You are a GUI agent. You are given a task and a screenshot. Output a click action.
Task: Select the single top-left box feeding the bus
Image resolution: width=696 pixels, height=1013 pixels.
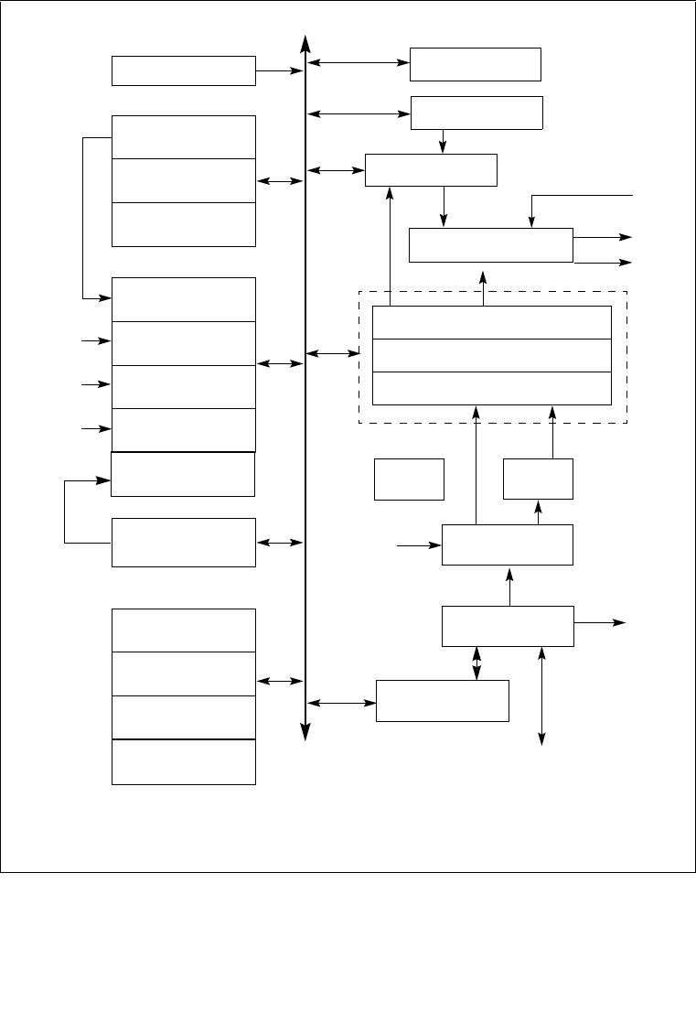pyautogui.click(x=183, y=70)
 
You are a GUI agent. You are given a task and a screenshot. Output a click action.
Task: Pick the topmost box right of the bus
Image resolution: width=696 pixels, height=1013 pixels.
pyautogui.click(x=476, y=64)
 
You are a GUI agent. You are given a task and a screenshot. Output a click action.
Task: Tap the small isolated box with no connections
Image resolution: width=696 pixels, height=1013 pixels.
pyautogui.click(x=409, y=479)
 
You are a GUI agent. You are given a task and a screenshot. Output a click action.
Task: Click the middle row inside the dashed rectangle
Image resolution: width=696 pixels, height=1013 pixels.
pyautogui.click(x=492, y=355)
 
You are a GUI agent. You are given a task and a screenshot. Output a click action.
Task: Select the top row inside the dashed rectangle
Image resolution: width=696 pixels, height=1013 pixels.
pyautogui.click(x=492, y=322)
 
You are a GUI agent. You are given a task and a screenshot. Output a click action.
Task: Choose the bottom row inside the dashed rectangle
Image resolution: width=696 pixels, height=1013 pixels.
pyautogui.click(x=492, y=388)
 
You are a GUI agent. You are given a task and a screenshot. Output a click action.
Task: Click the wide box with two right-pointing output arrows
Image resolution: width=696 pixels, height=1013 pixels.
pyautogui.click(x=490, y=244)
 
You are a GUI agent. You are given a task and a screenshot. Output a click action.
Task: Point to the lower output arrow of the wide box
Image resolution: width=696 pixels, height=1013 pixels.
pyautogui.click(x=603, y=262)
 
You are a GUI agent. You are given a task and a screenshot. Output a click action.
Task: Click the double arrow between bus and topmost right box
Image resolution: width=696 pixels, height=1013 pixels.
pyautogui.click(x=359, y=63)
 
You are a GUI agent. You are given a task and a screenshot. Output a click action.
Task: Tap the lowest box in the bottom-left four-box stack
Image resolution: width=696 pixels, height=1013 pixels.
pyautogui.click(x=183, y=761)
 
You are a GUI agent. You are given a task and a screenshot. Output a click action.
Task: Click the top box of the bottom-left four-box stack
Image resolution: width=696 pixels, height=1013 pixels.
pyautogui.click(x=183, y=630)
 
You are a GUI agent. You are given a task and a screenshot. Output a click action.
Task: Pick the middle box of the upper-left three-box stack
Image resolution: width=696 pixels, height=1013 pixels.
pyautogui.click(x=183, y=180)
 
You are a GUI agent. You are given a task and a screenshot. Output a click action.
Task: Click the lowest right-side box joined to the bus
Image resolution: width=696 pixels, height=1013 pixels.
pyautogui.click(x=443, y=700)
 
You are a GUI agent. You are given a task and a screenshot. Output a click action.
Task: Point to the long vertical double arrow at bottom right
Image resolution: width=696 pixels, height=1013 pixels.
pyautogui.click(x=542, y=695)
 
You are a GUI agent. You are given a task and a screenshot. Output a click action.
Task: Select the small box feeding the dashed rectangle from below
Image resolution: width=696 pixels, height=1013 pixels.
pyautogui.click(x=539, y=479)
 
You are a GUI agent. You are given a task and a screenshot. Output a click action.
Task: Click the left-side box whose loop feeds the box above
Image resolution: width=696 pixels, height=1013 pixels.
pyautogui.click(x=183, y=542)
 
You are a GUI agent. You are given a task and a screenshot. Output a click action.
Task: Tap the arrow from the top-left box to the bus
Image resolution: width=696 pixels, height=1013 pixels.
pyautogui.click(x=278, y=70)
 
